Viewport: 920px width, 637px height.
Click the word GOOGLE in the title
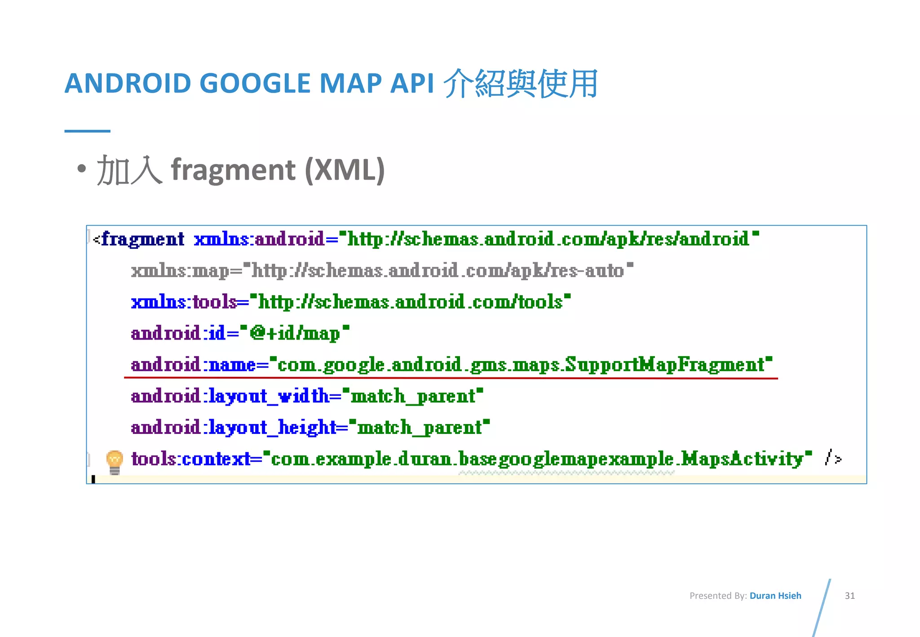[255, 84]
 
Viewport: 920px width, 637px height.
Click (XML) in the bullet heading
[345, 170]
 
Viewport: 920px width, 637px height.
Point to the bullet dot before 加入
[81, 169]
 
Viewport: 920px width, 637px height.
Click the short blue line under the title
[87, 131]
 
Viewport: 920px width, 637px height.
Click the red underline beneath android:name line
[451, 378]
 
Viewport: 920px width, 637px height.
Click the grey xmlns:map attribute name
[180, 271]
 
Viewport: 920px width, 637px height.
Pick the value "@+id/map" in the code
[295, 333]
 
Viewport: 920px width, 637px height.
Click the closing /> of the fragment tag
[833, 458]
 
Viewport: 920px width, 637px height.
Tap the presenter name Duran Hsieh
[775, 596]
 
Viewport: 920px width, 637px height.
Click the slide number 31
[849, 596]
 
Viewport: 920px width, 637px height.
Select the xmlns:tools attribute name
[184, 302]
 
